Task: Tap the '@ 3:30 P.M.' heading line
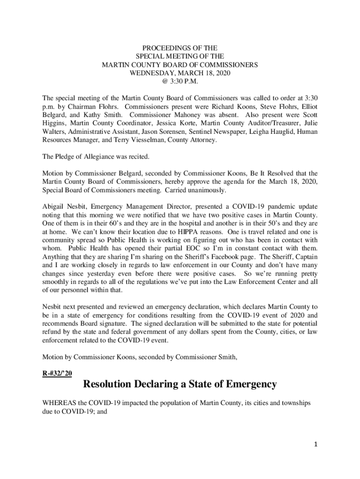[180, 81]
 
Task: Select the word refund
[52, 332]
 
